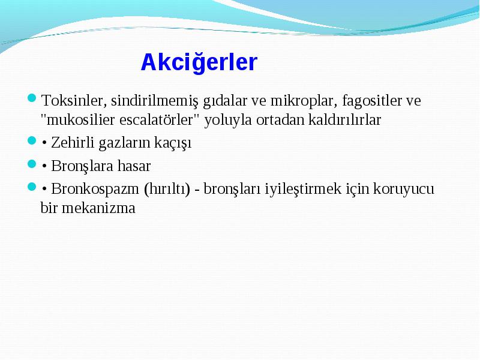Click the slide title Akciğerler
pyautogui.click(x=199, y=62)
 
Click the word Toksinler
pyautogui.click(x=74, y=100)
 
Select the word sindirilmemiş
pyautogui.click(x=155, y=101)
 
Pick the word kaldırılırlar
pyautogui.click(x=344, y=119)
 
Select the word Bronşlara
pyautogui.click(x=82, y=166)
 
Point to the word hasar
pyautogui.click(x=134, y=166)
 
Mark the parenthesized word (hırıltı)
pyautogui.click(x=167, y=189)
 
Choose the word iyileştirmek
pyautogui.click(x=303, y=189)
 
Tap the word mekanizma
pyautogui.click(x=98, y=208)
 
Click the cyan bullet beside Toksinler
pyautogui.click(x=32, y=98)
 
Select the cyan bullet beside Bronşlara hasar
pyautogui.click(x=32, y=164)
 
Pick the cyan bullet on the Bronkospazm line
pyautogui.click(x=32, y=187)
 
